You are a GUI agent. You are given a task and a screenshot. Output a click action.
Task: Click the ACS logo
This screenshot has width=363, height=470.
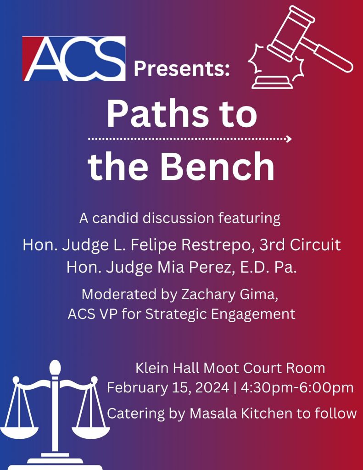point(74,58)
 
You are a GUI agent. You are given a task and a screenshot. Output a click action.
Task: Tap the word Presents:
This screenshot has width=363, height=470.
point(182,68)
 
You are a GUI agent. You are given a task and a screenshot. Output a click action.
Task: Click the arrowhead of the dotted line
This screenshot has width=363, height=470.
point(289,139)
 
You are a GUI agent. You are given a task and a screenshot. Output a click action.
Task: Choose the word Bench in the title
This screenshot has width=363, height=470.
point(218,166)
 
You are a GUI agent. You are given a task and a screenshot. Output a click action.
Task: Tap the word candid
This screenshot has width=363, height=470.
point(115,218)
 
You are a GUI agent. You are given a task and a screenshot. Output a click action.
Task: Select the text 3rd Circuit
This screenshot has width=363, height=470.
point(300,245)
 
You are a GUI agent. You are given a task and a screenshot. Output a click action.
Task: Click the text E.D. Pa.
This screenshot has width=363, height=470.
point(268,267)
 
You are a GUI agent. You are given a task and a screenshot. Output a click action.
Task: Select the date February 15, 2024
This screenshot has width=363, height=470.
point(168,387)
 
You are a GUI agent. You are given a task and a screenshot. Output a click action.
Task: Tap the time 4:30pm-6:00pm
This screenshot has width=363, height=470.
point(297,387)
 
